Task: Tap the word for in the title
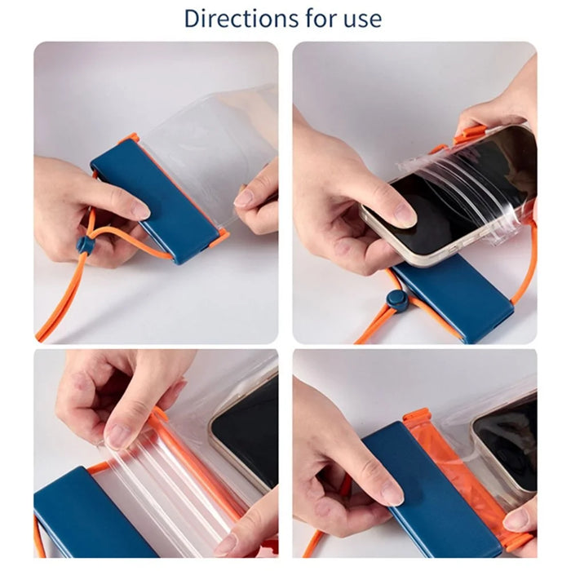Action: [320, 18]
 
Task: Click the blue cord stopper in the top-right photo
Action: [397, 300]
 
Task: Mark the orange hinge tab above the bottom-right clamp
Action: [418, 415]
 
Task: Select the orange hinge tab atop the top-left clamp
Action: [132, 139]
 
